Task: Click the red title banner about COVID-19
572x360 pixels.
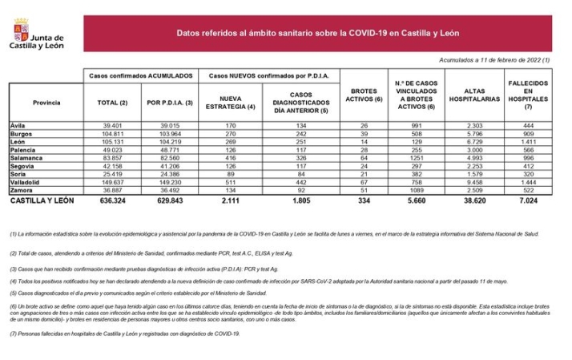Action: tap(317, 34)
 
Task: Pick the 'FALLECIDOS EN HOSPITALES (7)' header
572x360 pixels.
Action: tap(527, 95)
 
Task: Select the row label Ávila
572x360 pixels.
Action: tap(18, 126)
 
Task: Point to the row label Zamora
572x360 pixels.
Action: tap(22, 189)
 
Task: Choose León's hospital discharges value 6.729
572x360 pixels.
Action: tap(472, 142)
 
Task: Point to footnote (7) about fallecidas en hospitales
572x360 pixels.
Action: tap(125, 334)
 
